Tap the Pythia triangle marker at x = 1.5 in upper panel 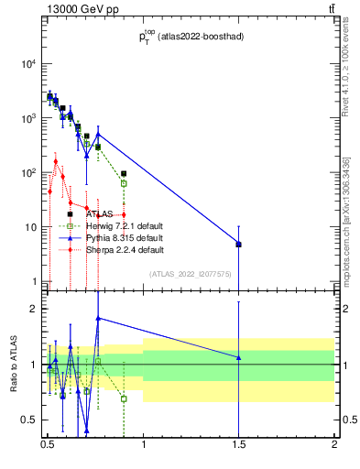238,244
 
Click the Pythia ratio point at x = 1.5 238,357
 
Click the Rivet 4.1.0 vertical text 346,73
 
